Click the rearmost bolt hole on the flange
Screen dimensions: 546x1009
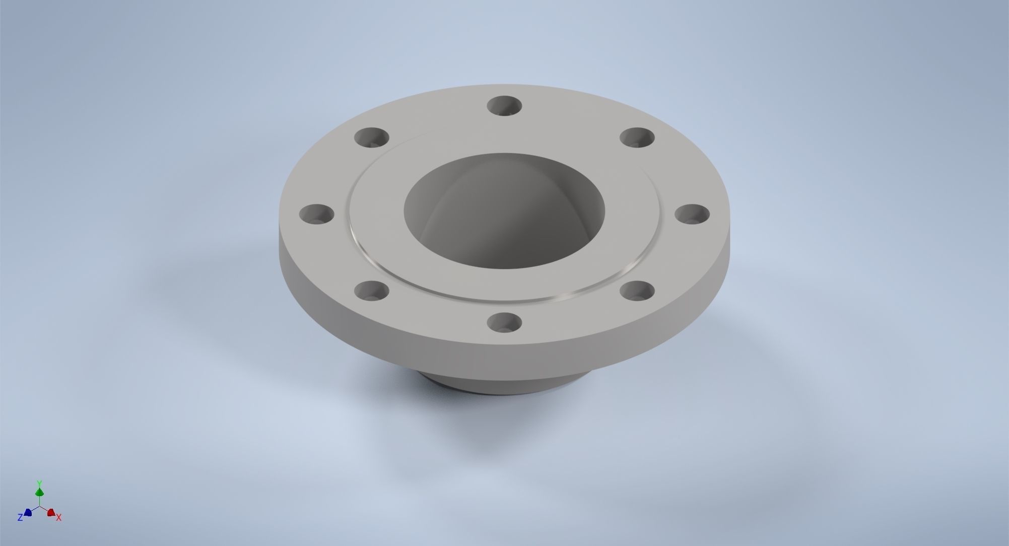click(x=504, y=106)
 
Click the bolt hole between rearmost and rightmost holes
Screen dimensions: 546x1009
click(x=637, y=138)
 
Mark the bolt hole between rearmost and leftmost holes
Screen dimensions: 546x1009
click(x=372, y=137)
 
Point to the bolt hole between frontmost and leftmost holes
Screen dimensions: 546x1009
click(x=372, y=291)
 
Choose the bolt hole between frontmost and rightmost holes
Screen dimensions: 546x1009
click(x=637, y=291)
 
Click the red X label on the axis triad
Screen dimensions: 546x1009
click(x=59, y=518)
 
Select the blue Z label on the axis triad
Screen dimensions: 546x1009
click(x=20, y=518)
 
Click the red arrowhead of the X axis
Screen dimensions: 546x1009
click(x=51, y=513)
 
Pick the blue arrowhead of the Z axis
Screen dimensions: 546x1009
click(x=28, y=512)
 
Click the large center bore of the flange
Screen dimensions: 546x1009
click(x=504, y=212)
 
